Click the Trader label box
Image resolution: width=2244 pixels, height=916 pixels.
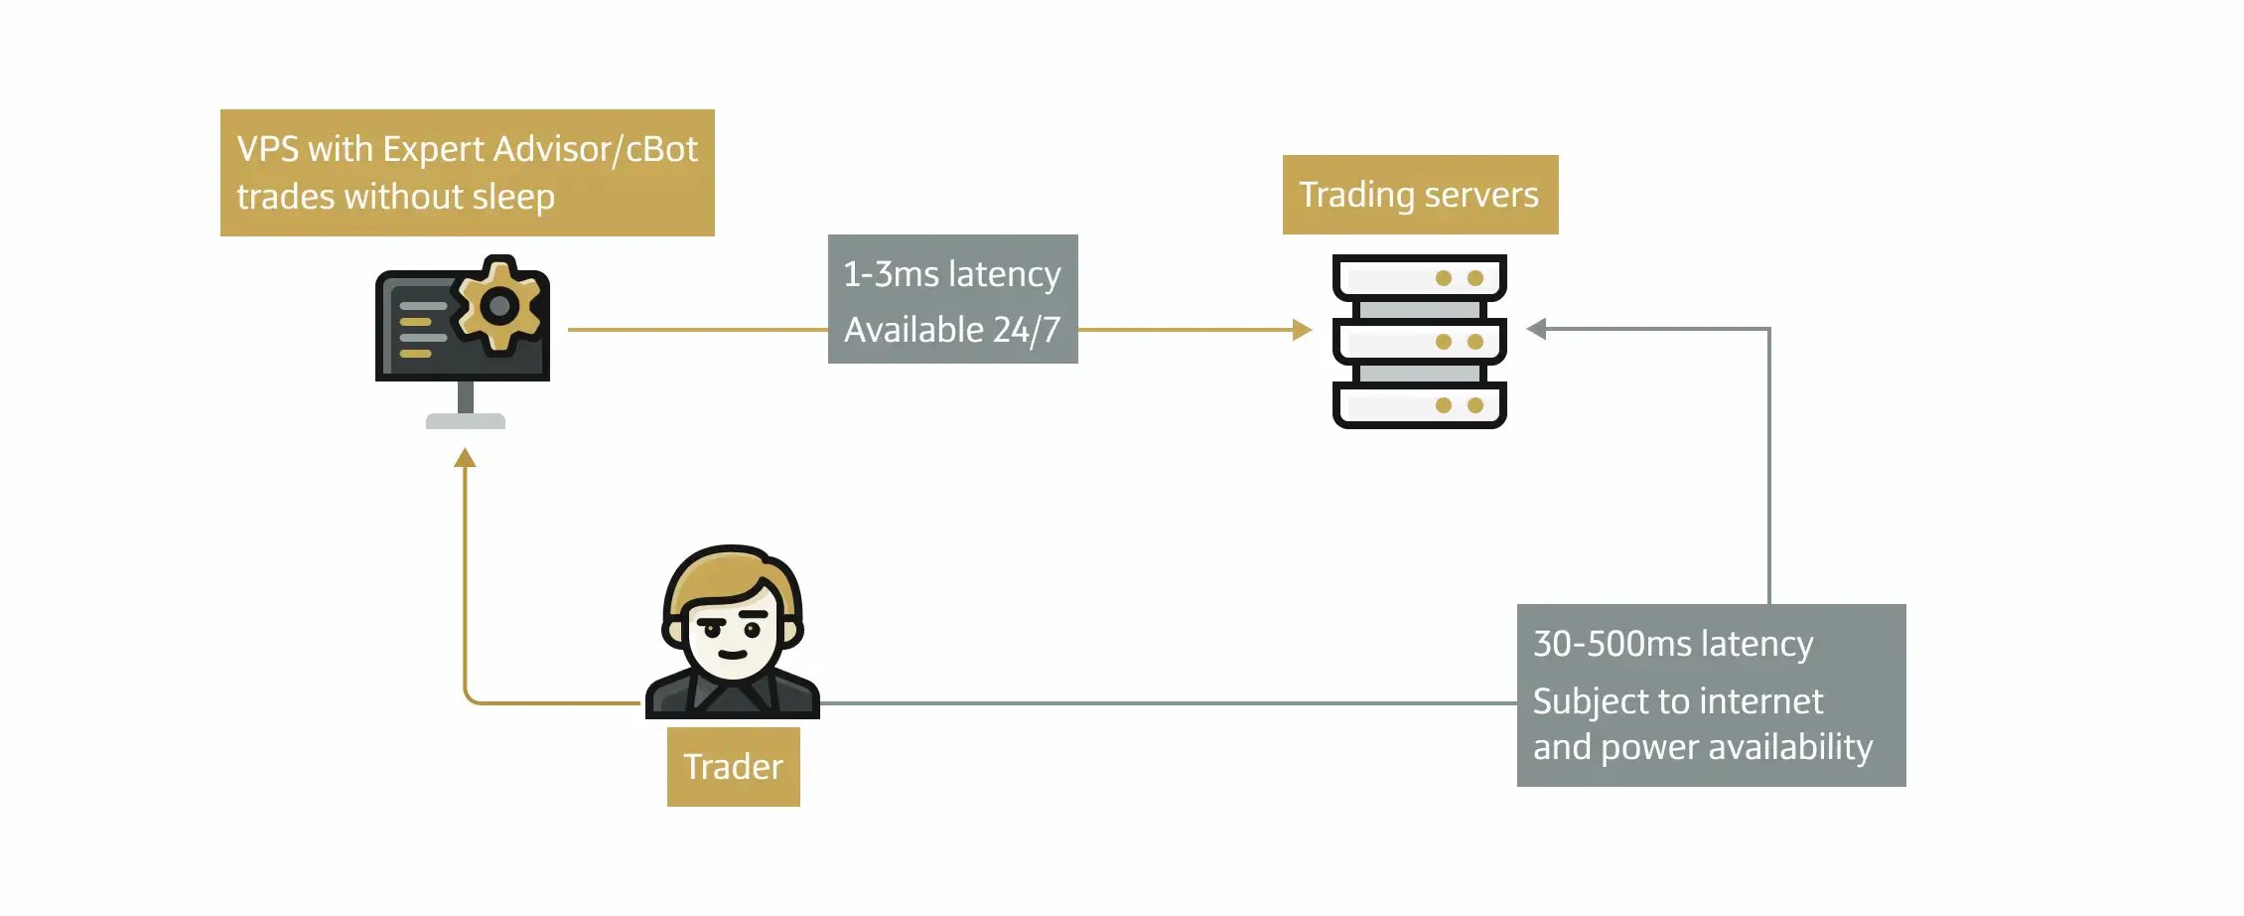pyautogui.click(x=733, y=767)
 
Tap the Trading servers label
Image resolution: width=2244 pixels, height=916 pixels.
pyautogui.click(x=1419, y=195)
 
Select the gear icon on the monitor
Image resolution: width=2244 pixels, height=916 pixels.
pyautogui.click(x=499, y=306)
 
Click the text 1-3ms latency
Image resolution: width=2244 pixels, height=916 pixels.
pyautogui.click(x=951, y=274)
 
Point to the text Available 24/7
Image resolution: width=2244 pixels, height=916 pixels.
pyautogui.click(x=951, y=330)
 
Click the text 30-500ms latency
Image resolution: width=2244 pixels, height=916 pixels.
pyautogui.click(x=1672, y=644)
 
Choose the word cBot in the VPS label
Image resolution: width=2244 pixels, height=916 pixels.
pyautogui.click(x=661, y=149)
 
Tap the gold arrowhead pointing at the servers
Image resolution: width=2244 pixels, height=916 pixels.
pyautogui.click(x=1302, y=330)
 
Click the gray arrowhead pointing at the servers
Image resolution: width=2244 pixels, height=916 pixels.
pyautogui.click(x=1537, y=329)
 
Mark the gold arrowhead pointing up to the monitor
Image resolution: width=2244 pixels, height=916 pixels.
pyautogui.click(x=465, y=458)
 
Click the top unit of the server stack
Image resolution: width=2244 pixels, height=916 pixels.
pyautogui.click(x=1419, y=278)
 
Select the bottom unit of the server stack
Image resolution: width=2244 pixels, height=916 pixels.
pyautogui.click(x=1419, y=405)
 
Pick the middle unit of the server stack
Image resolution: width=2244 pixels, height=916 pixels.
pyautogui.click(x=1419, y=342)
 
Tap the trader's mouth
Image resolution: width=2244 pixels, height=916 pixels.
pyautogui.click(x=733, y=654)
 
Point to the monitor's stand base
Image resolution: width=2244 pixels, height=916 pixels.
pyautogui.click(x=465, y=421)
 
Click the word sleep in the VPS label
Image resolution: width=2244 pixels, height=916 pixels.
pyautogui.click(x=512, y=197)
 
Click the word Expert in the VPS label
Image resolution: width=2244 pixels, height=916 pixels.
pyautogui.click(x=433, y=149)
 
